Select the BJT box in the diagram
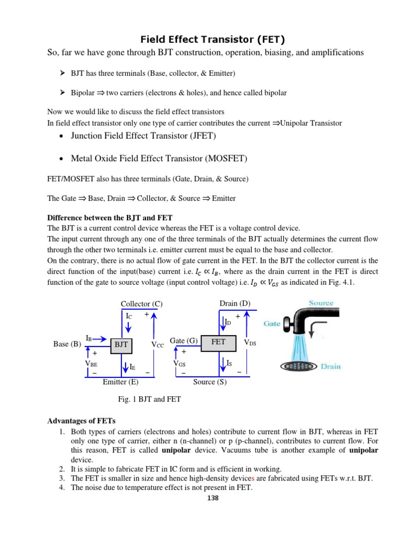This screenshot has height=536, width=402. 121,344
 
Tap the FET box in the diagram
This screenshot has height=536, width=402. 218,342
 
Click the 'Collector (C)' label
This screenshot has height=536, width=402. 141,304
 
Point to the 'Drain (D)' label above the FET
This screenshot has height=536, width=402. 235,304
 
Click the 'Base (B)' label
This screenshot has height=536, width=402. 67,344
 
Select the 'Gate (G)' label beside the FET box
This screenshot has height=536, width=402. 183,341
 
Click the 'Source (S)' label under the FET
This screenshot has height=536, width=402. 210,382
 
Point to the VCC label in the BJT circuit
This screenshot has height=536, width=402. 158,345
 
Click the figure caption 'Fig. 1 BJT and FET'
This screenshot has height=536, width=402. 149,399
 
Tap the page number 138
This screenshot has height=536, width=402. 213,498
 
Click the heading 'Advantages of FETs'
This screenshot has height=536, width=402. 81,421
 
